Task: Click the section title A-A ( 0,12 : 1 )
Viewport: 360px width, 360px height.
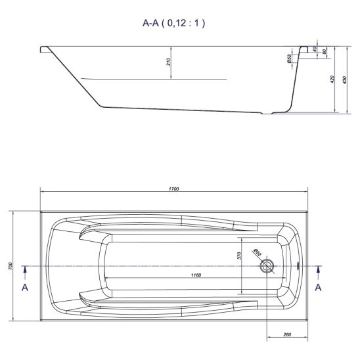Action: tap(173, 23)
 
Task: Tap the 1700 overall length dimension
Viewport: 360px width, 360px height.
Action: tap(174, 189)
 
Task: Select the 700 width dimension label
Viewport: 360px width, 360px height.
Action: tap(10, 266)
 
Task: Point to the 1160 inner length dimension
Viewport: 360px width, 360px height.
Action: tap(196, 275)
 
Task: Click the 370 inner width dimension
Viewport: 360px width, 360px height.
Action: tap(239, 256)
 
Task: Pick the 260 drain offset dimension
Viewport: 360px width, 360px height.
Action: tap(287, 334)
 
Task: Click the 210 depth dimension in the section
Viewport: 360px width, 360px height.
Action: tap(168, 62)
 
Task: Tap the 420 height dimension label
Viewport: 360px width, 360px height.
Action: tap(332, 79)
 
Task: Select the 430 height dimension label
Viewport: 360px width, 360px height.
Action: tap(344, 80)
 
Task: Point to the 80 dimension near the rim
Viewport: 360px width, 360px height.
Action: tap(325, 52)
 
